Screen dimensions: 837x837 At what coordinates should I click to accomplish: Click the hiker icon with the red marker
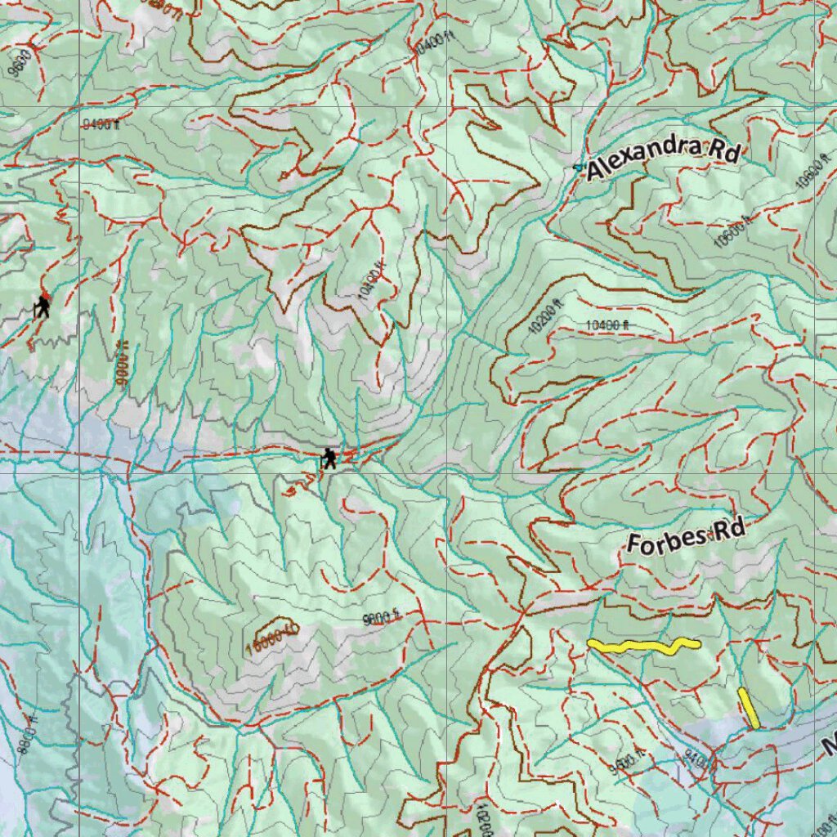pyautogui.click(x=42, y=307)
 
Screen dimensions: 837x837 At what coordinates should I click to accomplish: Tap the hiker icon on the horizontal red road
pyautogui.click(x=329, y=459)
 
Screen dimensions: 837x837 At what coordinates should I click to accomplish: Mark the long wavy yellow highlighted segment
pyautogui.click(x=643, y=647)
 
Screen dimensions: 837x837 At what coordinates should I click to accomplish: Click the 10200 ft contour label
pyautogui.click(x=545, y=317)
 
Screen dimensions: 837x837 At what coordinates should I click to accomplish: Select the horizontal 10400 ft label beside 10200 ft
pyautogui.click(x=608, y=325)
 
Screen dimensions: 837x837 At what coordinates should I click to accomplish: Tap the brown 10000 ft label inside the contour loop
pyautogui.click(x=271, y=635)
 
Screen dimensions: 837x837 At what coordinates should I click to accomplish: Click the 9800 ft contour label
pyautogui.click(x=381, y=617)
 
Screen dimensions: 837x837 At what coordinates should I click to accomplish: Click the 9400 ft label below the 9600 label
pyautogui.click(x=101, y=125)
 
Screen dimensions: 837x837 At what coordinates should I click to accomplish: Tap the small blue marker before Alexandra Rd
pyautogui.click(x=578, y=168)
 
